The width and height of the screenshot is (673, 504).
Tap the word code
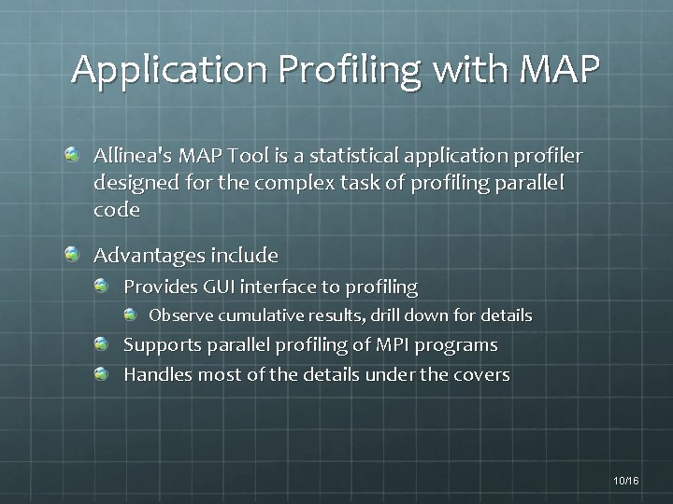(x=117, y=210)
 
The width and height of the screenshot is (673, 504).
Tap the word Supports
(x=162, y=345)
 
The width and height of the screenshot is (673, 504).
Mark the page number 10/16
(x=626, y=480)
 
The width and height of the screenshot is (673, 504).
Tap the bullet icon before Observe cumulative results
(x=131, y=315)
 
